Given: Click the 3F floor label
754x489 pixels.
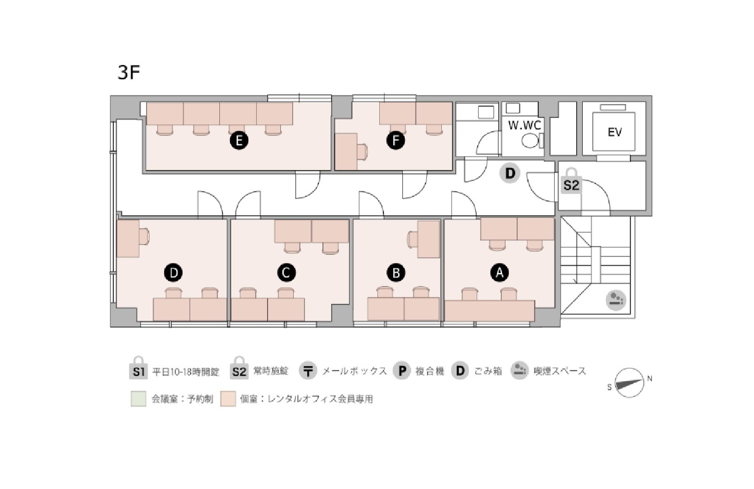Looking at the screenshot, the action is (x=129, y=72).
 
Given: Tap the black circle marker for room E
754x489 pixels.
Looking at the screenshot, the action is (x=239, y=140).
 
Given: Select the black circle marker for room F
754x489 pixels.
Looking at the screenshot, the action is (x=396, y=140).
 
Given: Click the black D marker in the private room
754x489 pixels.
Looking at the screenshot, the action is (x=173, y=272).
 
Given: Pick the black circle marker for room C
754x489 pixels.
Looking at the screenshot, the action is (x=287, y=272).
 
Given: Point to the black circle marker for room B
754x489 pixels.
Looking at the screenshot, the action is (x=396, y=272).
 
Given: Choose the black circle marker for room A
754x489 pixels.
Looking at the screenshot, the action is (x=500, y=272).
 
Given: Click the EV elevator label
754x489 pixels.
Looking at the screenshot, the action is (x=615, y=132).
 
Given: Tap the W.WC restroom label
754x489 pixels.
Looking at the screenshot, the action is (x=524, y=126).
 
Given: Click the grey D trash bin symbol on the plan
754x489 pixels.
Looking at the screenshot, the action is (x=511, y=173).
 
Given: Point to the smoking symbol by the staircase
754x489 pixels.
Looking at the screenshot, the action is (x=616, y=300).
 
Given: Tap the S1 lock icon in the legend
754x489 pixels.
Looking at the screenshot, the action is (x=138, y=368).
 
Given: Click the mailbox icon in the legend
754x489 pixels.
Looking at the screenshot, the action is (x=308, y=371).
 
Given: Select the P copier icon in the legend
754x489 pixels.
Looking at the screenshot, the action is (x=402, y=371).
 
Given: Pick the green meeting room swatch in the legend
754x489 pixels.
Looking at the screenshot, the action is (x=138, y=399).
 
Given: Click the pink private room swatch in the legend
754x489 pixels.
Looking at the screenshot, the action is (x=228, y=399).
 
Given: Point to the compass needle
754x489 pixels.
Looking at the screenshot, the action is (x=629, y=383).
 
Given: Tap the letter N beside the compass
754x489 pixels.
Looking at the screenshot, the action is (x=649, y=379).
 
